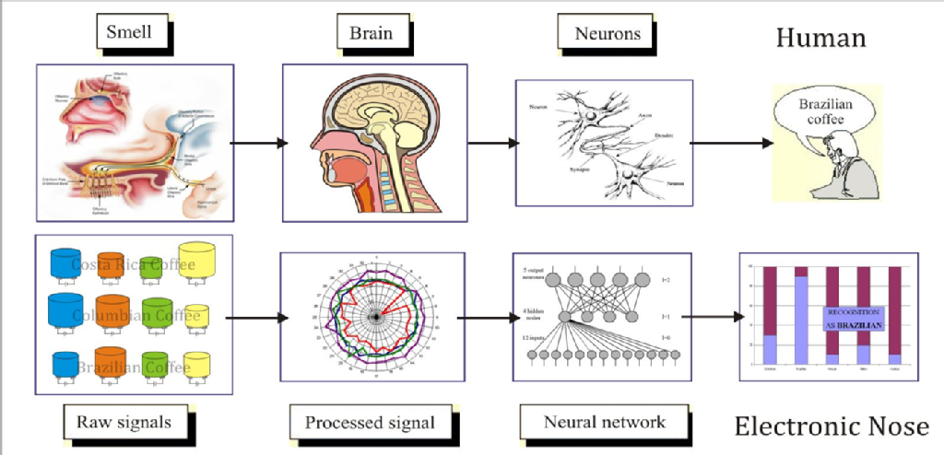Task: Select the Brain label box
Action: click(371, 34)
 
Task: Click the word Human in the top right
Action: click(820, 38)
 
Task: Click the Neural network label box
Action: click(604, 423)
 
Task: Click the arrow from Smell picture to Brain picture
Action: click(256, 144)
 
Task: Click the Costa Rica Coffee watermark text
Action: click(134, 266)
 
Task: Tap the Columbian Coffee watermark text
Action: click(136, 317)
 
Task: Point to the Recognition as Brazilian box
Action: click(854, 319)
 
